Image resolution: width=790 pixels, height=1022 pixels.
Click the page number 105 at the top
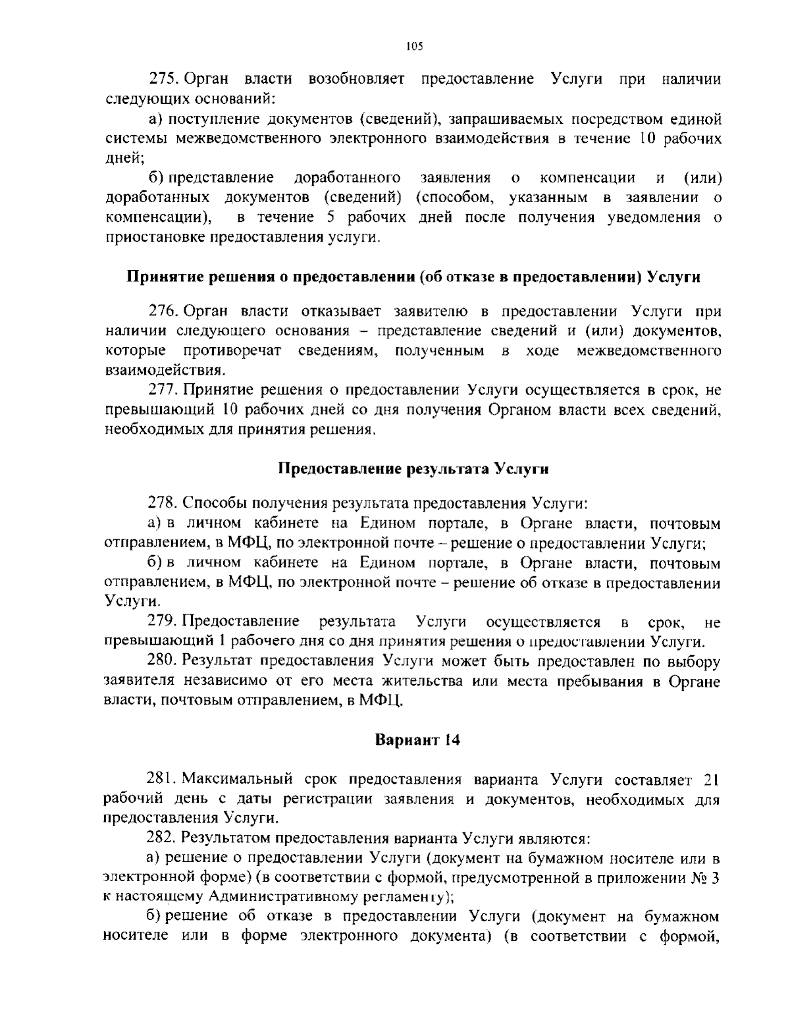pos(413,46)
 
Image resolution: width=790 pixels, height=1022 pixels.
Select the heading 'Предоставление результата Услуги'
pos(413,469)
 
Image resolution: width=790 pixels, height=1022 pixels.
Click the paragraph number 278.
pos(162,504)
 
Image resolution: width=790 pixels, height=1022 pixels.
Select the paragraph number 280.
pos(162,660)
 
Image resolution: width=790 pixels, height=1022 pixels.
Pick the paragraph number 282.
pos(162,839)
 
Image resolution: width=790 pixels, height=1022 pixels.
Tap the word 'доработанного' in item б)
pos(347,178)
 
